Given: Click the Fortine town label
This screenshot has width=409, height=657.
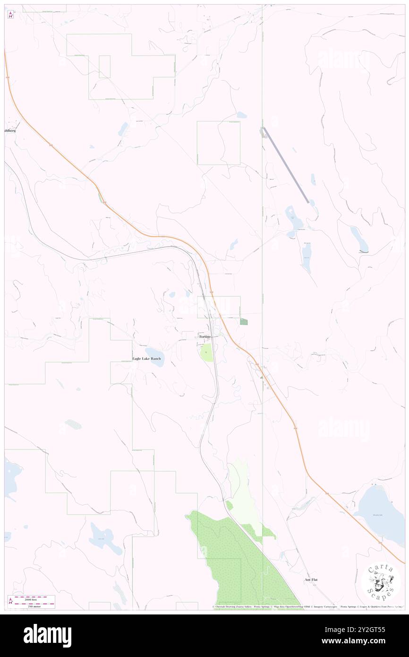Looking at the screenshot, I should [x=204, y=337].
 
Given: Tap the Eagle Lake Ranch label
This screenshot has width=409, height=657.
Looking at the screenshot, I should [x=146, y=359].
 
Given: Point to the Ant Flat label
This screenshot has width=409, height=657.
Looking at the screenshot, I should [x=311, y=579].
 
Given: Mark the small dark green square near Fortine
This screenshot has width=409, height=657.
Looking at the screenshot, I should [x=243, y=321].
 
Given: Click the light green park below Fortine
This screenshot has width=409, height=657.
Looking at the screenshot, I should [x=206, y=353].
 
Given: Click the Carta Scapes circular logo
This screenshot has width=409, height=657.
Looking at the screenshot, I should [x=381, y=580].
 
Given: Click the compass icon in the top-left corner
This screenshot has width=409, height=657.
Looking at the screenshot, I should [x=11, y=14].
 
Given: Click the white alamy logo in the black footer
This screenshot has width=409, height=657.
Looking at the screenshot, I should [x=47, y=636].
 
